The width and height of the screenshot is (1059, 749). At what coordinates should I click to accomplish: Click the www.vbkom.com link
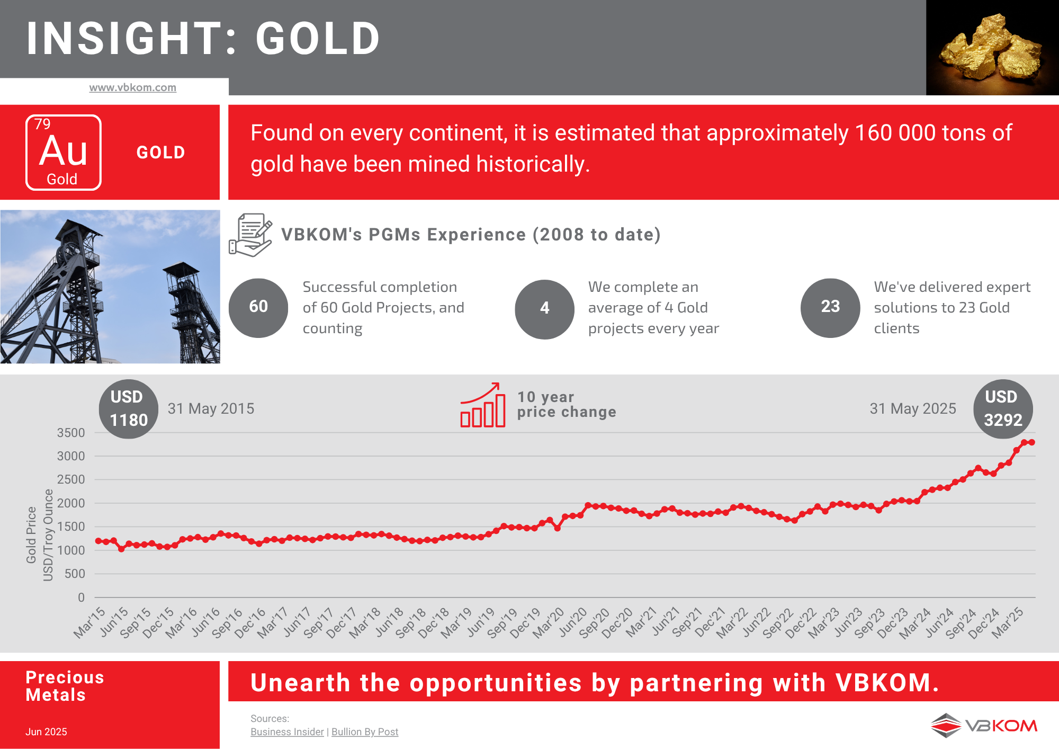[132, 87]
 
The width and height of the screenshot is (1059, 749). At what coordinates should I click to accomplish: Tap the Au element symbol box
[64, 153]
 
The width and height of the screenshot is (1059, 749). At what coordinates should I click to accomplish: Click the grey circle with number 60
[258, 308]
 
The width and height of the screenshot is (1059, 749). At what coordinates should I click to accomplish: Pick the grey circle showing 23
[830, 308]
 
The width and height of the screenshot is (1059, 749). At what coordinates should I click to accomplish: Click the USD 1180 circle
[129, 409]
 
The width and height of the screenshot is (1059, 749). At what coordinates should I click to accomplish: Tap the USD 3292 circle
[1003, 409]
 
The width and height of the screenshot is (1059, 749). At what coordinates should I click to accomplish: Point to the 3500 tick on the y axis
[71, 433]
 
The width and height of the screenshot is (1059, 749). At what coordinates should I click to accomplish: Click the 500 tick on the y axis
[75, 574]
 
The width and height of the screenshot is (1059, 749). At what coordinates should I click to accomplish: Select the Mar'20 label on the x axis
[549, 623]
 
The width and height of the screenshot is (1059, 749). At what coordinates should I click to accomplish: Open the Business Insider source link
[287, 732]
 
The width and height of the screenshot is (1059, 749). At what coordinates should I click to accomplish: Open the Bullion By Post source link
[365, 732]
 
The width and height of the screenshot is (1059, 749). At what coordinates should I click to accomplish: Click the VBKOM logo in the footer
[984, 725]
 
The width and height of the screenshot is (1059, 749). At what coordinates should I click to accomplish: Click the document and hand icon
[250, 235]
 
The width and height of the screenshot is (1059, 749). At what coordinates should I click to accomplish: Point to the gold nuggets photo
[992, 48]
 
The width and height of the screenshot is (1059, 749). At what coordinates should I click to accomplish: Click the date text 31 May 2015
[211, 408]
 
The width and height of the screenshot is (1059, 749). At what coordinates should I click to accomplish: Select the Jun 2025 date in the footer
[46, 732]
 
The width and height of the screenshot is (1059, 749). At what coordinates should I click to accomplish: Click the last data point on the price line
[1031, 442]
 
